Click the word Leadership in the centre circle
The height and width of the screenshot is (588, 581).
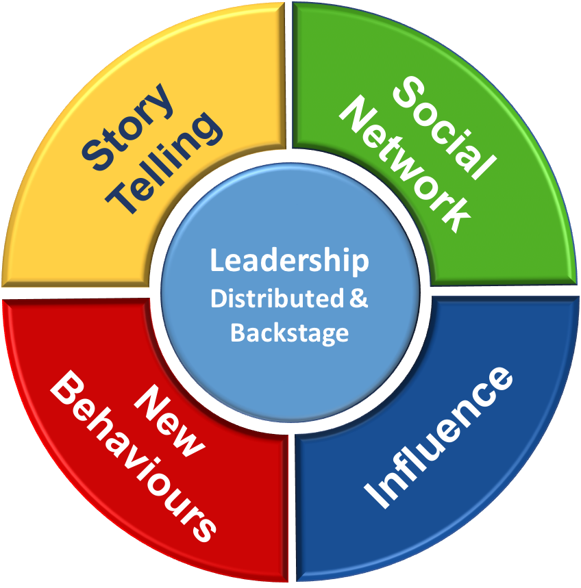pos(289,262)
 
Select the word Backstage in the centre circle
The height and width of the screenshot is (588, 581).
pos(289,333)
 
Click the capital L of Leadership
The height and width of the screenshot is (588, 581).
pos(217,261)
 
